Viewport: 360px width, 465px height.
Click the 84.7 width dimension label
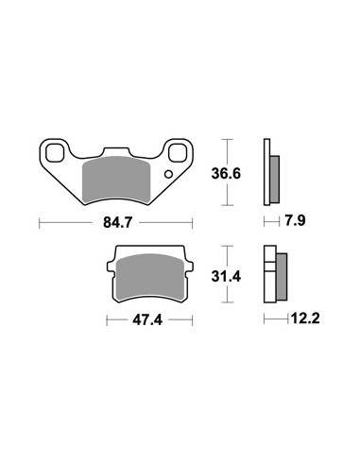[117, 223]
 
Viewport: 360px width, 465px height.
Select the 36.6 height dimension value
[226, 174]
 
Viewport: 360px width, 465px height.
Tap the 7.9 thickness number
[295, 220]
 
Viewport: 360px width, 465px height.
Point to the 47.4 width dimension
[147, 320]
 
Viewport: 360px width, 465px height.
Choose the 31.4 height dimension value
[226, 277]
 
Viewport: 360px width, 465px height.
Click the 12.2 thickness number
[305, 319]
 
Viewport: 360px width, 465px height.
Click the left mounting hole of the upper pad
[54, 153]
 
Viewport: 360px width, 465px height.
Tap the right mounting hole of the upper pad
[178, 153]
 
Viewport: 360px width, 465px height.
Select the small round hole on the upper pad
[169, 174]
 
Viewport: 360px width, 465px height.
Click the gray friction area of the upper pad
[115, 180]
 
